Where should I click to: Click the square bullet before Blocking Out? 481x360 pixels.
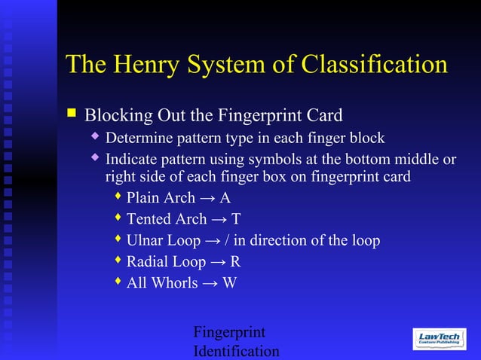coord(72,114)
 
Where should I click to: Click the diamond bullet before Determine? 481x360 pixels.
coord(95,136)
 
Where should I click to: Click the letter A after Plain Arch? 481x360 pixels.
coord(225,198)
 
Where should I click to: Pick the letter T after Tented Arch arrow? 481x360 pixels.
coord(236,219)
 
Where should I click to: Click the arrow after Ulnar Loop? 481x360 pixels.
coord(212,241)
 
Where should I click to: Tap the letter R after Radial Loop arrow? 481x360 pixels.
coord(235,262)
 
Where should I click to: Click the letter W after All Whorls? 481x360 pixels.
coord(229,283)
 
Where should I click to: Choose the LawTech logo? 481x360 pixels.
coord(440,339)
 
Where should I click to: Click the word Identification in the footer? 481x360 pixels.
coord(236,351)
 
